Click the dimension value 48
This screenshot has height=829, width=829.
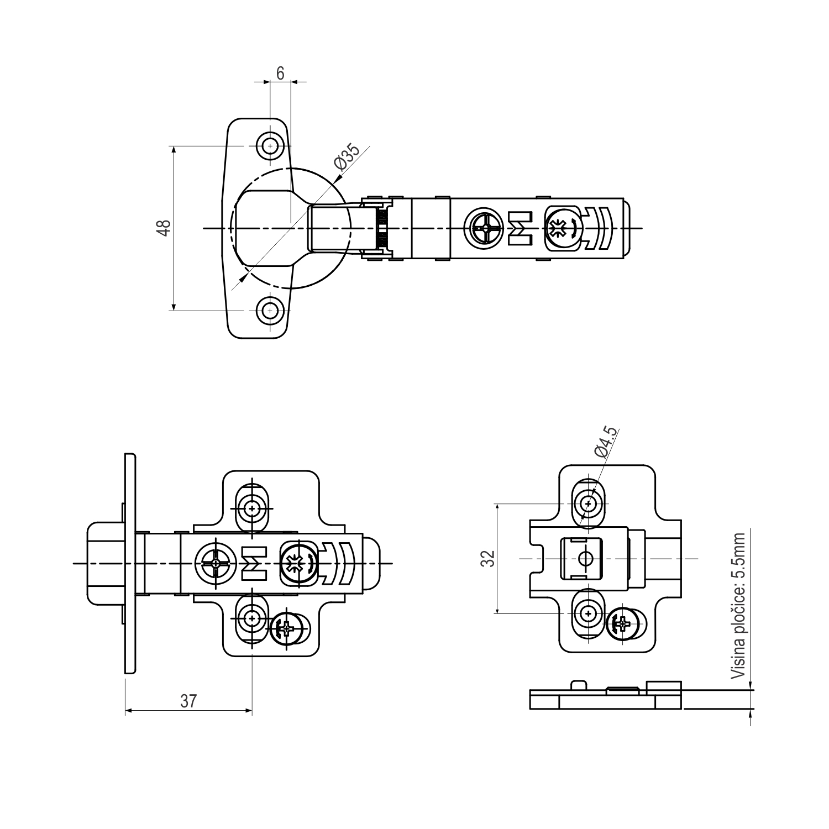(164, 228)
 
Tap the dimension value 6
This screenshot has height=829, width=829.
(280, 74)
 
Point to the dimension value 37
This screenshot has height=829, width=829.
(188, 701)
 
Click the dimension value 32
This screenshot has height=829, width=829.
(487, 558)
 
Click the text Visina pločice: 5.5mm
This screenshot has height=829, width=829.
(738, 606)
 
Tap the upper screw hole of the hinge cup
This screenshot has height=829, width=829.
(270, 146)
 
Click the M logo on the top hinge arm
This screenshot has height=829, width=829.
(520, 228)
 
